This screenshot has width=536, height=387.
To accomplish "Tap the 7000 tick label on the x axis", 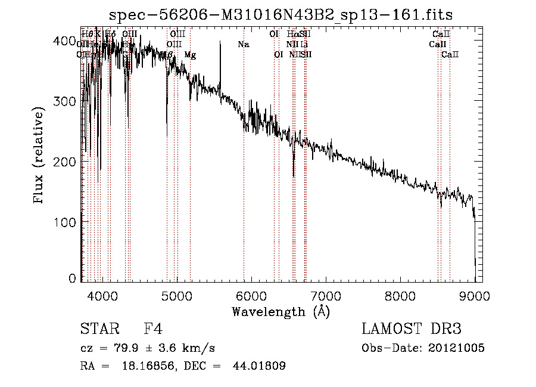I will (x=326, y=295).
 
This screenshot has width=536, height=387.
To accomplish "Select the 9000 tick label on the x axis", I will (x=475, y=295).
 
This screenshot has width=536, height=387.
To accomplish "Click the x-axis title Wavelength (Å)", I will (x=281, y=311).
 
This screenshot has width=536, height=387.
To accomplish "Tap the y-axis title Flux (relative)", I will (x=40, y=157).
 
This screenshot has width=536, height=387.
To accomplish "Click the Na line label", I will (x=243, y=45).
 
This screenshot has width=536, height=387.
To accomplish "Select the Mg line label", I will (x=190, y=55).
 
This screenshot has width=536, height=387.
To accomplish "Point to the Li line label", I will (x=304, y=45).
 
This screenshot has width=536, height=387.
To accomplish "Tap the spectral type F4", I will (x=153, y=330).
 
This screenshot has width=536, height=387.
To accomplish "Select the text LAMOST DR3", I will (x=412, y=330).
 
